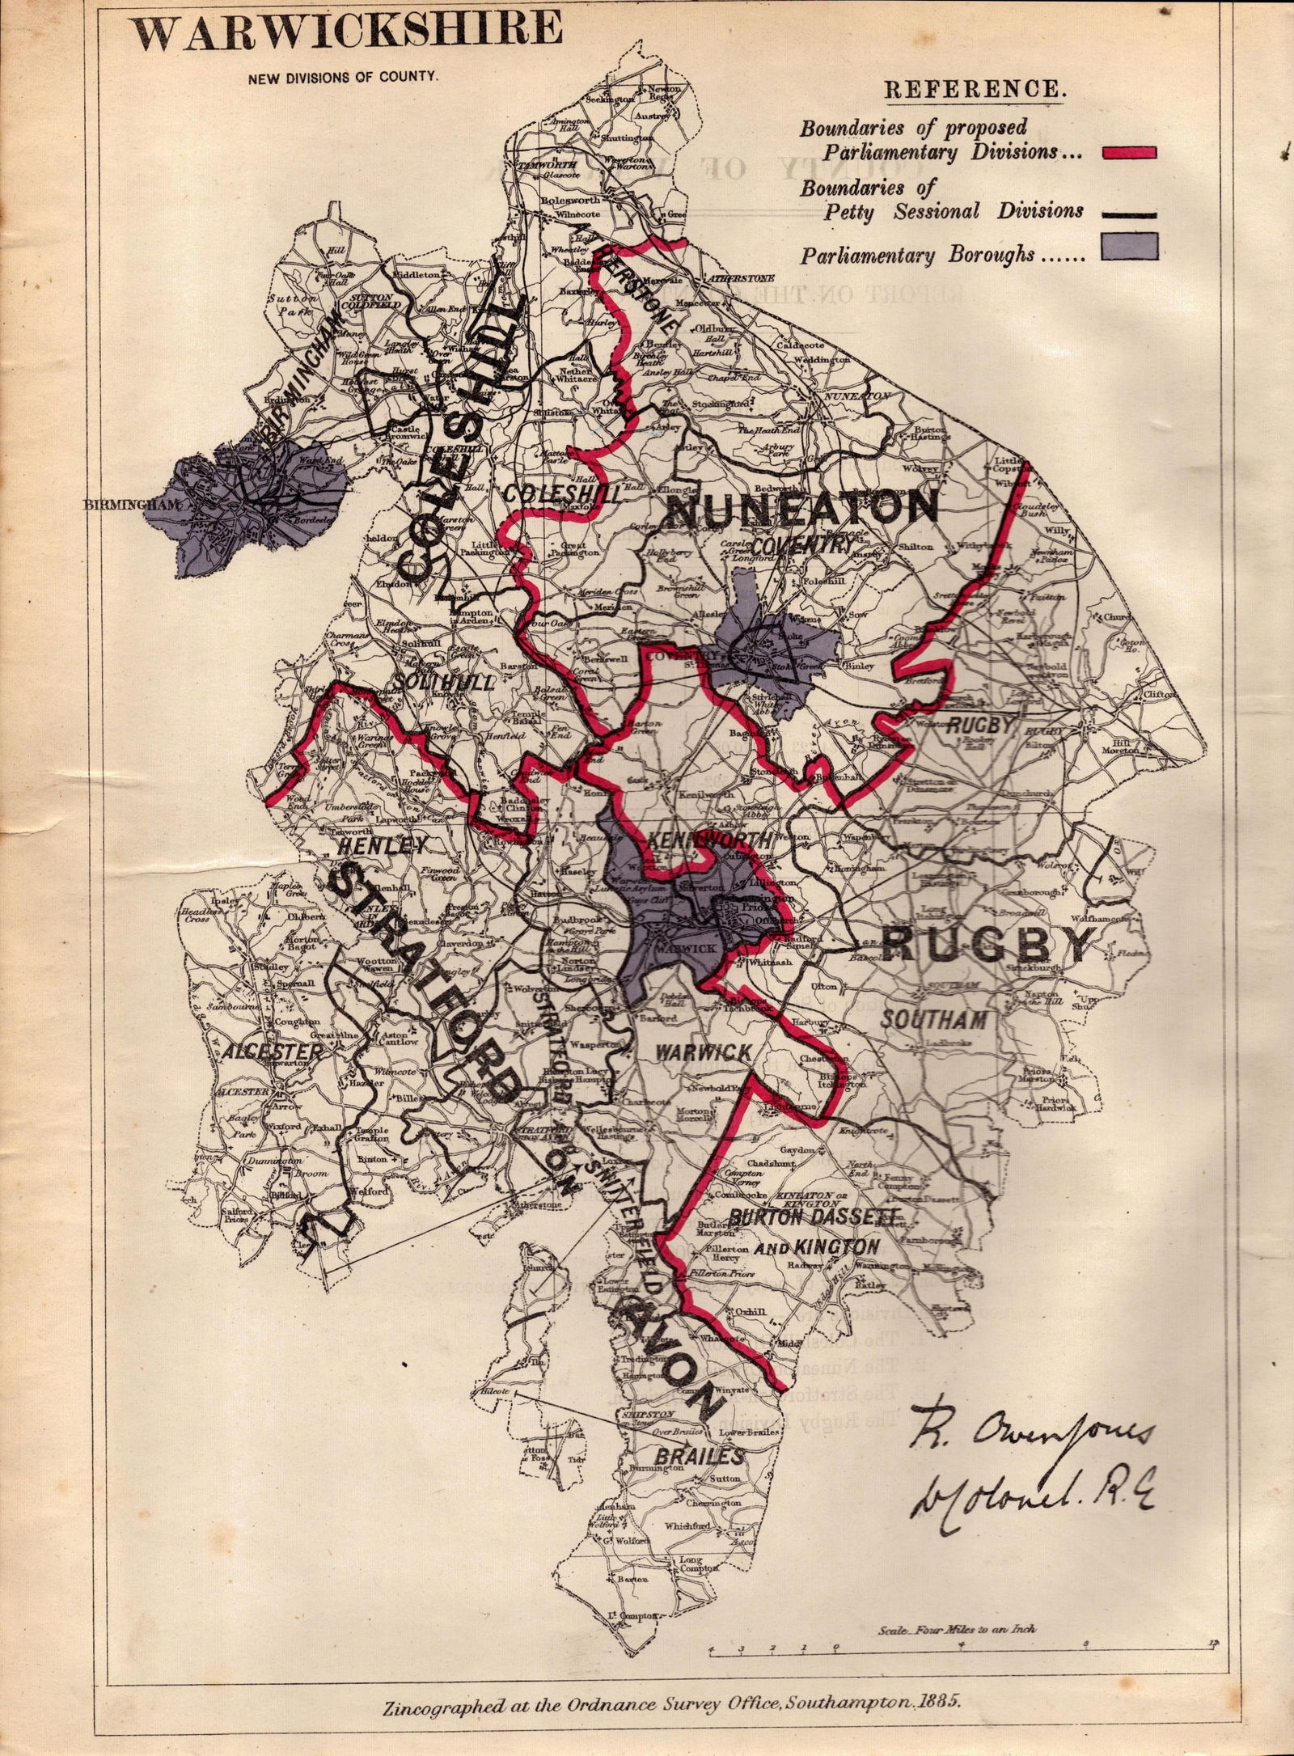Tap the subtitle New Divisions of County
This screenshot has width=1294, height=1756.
[344, 78]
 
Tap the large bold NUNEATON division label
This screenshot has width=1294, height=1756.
[801, 510]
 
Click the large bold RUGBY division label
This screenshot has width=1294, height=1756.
[987, 945]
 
